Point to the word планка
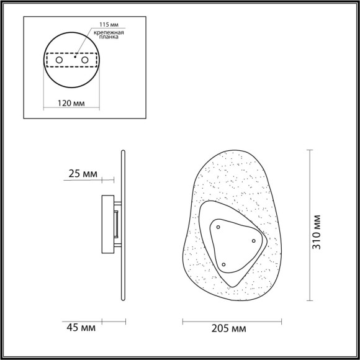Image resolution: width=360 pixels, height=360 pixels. pos(108,38)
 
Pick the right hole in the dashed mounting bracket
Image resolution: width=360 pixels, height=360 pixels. pos(84,60)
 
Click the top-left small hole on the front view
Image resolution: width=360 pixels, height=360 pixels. pos(218,228)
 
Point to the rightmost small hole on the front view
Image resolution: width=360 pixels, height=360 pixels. pos(253,240)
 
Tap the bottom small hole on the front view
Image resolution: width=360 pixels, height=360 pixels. pos(223,264)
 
